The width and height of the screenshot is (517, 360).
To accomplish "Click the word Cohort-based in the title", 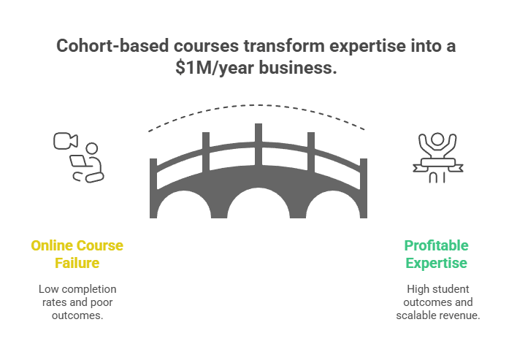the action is [112, 45].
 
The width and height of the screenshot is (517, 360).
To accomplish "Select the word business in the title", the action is [298, 68].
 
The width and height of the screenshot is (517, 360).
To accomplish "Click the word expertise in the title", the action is [367, 46].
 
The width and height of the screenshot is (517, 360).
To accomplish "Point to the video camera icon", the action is [66, 141].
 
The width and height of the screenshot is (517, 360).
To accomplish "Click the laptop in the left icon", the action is [78, 161].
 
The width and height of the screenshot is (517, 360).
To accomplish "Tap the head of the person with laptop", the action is [92, 148].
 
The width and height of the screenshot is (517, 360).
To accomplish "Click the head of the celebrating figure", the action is [437, 139].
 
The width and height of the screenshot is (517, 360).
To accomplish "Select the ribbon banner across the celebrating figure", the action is [438, 164].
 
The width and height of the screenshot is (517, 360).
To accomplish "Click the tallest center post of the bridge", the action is [258, 145].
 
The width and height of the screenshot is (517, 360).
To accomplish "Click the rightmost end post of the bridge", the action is [364, 188].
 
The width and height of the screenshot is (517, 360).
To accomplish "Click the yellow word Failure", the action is [77, 263].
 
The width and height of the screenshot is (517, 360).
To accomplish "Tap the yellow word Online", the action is [52, 245].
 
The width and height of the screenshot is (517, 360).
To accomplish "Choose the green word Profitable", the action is [436, 245].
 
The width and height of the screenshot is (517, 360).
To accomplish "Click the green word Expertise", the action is [436, 263].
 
